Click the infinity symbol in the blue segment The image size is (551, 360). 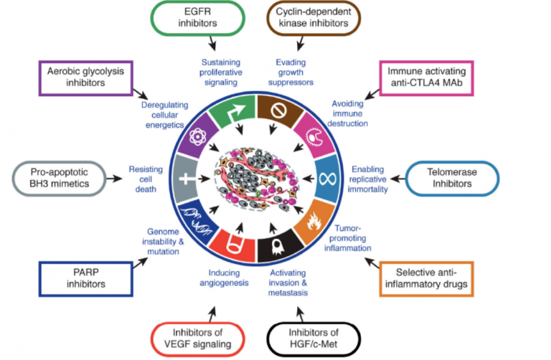point(328,179)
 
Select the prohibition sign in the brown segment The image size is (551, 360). point(278,110)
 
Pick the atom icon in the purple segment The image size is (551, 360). point(197,137)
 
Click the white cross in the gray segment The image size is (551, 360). point(187,179)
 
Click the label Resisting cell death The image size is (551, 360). point(146,179)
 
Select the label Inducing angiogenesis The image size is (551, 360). point(224,278)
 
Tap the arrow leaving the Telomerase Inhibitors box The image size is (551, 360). point(397,179)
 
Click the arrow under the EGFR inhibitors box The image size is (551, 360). point(212,43)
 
